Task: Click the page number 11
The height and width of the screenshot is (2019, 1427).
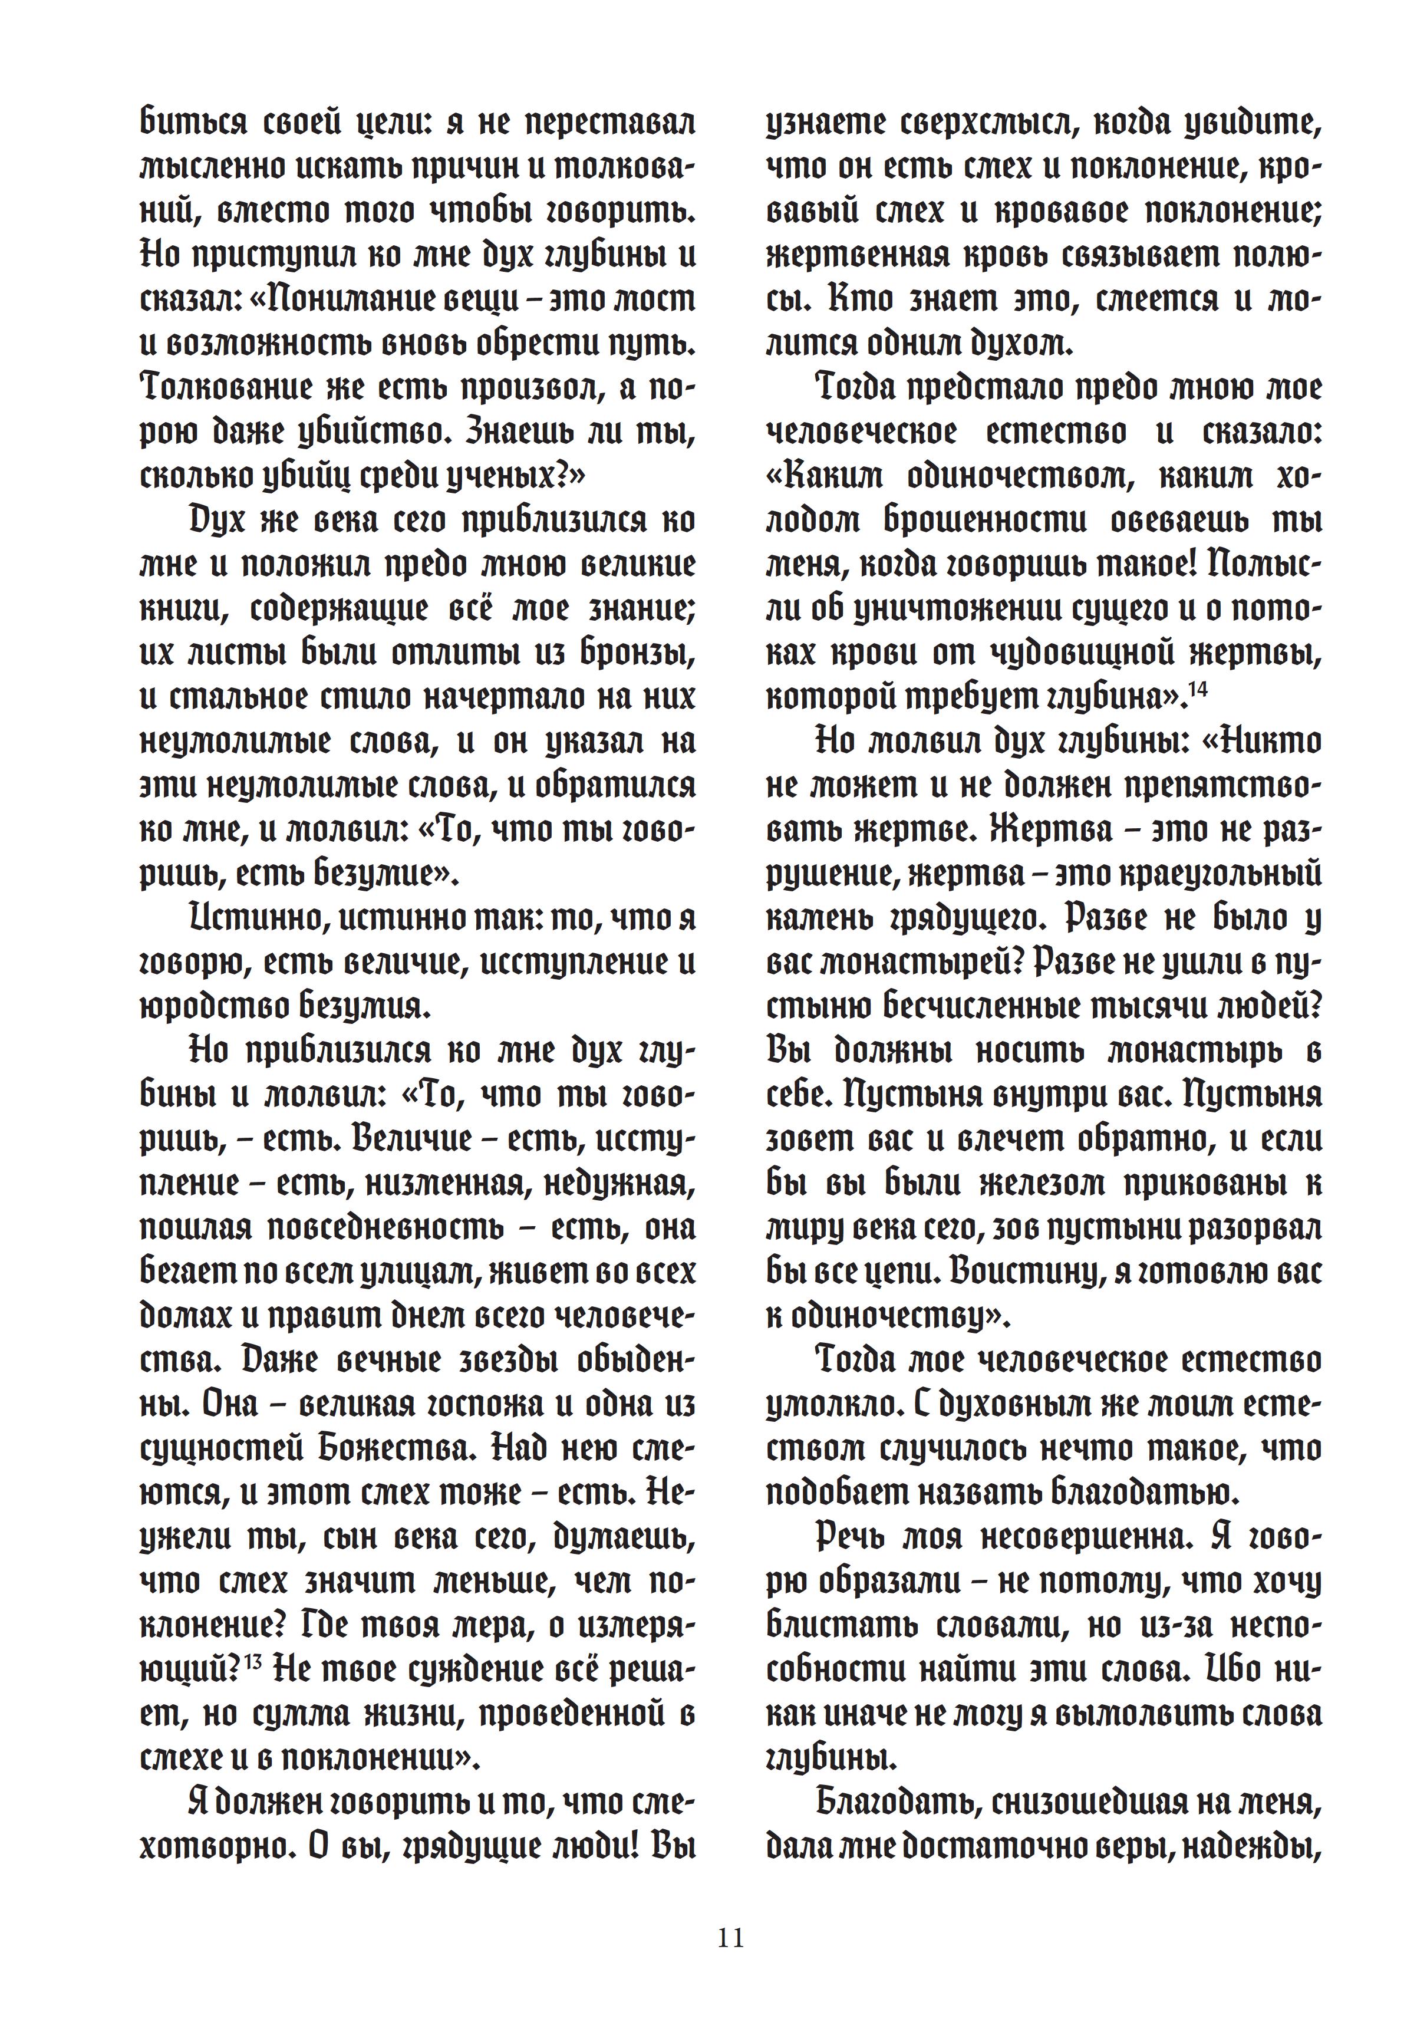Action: click(731, 1937)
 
